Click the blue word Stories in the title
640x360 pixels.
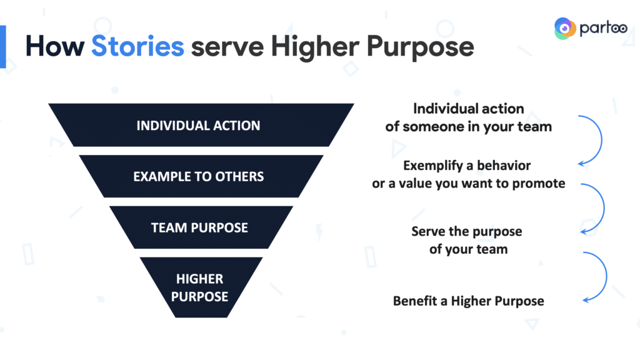[137, 46]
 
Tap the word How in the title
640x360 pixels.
[55, 46]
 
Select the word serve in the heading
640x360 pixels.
[227, 47]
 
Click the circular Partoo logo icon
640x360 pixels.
[565, 28]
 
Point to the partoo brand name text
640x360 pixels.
[603, 29]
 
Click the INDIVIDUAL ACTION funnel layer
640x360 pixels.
[201, 125]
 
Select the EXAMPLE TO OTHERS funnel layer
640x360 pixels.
[201, 176]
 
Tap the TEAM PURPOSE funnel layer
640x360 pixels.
[201, 227]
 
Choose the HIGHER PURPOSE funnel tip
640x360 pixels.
[201, 287]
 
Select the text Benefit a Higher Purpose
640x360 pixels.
[469, 301]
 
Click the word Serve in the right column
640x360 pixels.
[428, 231]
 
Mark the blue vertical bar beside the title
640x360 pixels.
[3, 46]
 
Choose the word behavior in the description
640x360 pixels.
[504, 165]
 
